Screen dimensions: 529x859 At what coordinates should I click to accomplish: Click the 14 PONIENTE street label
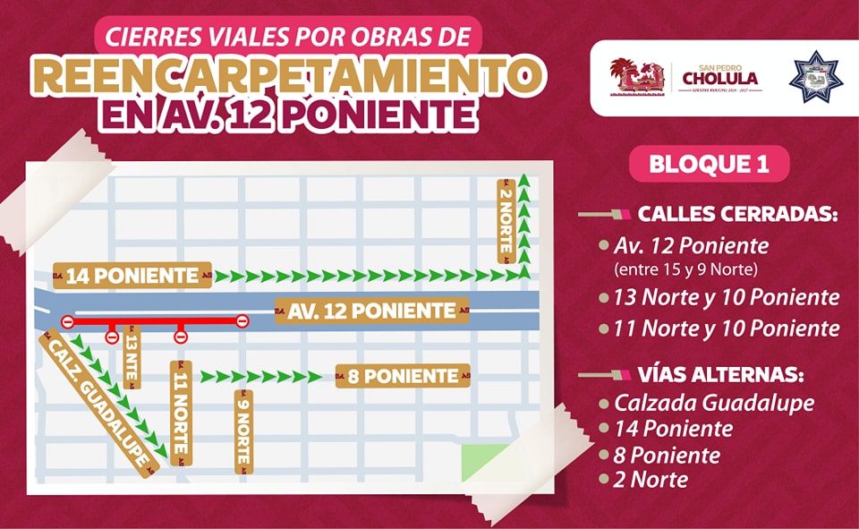coord(132,277)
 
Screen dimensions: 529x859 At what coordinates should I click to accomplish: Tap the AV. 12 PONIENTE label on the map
coord(371,311)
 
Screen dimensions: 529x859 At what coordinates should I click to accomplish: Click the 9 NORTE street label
coord(242,431)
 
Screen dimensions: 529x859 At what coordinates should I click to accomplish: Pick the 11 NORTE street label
coord(179,413)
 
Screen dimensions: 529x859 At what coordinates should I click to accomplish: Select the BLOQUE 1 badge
coord(710,165)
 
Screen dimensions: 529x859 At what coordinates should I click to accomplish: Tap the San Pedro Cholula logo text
coord(719,77)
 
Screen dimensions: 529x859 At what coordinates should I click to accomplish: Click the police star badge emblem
coord(815,78)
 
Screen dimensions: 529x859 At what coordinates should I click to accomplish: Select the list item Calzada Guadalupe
coord(714,403)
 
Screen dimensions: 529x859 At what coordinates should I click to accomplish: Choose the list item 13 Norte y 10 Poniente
coord(727,297)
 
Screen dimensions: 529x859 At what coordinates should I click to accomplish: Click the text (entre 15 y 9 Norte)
coord(687,269)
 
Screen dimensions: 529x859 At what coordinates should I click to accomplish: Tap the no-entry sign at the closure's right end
coord(242,321)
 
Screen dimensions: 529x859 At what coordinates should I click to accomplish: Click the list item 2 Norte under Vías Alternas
coord(651,480)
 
